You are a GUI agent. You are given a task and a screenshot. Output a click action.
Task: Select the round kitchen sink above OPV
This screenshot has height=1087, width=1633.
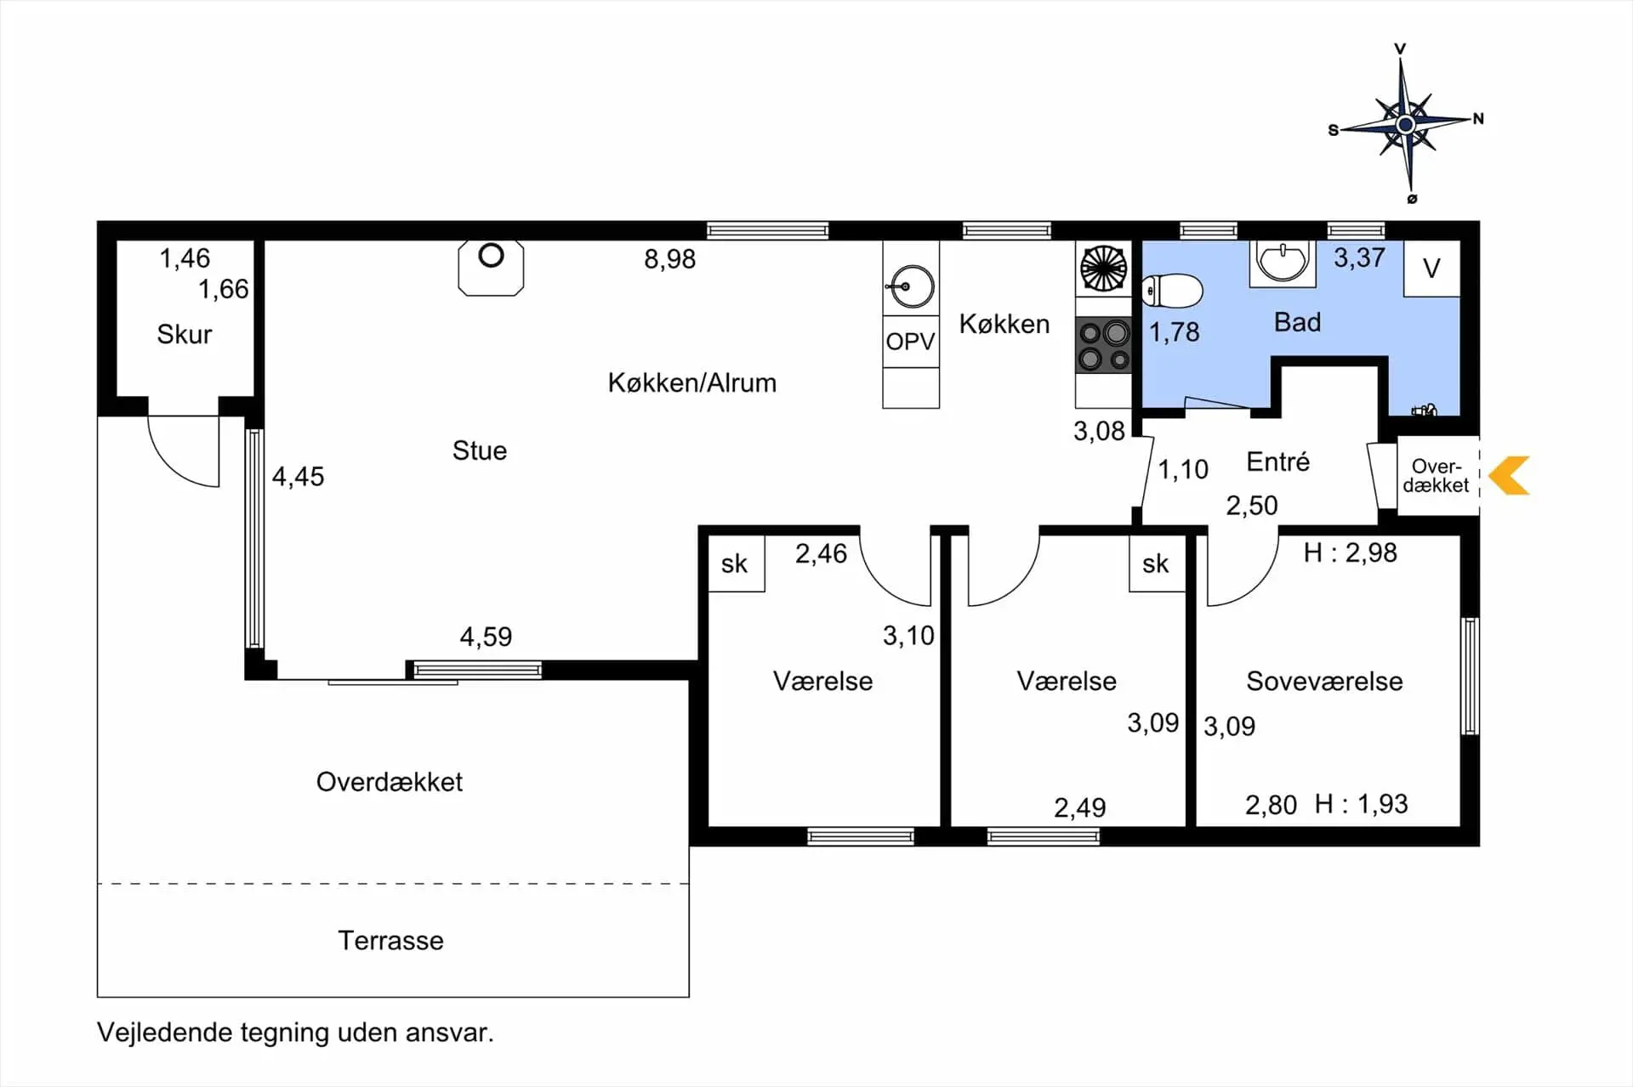click(x=911, y=287)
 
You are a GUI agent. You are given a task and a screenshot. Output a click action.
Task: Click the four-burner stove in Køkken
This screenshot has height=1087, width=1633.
click(x=1103, y=345)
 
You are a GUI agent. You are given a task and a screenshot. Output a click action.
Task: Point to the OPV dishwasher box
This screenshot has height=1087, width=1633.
click(x=911, y=342)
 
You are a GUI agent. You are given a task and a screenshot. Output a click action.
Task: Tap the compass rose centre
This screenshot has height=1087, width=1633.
click(x=1405, y=125)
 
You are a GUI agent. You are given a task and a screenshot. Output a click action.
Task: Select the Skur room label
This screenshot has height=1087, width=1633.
click(x=184, y=334)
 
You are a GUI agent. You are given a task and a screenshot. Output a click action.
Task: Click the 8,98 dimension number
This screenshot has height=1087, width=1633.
click(x=669, y=258)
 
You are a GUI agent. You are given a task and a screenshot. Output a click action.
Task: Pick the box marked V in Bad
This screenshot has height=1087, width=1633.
click(x=1431, y=269)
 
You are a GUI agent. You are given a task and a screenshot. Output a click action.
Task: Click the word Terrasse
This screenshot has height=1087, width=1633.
click(x=390, y=940)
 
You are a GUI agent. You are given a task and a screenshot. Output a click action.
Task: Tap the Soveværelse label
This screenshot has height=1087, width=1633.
click(x=1324, y=681)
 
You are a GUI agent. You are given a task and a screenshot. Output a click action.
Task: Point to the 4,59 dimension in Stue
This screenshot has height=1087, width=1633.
click(x=486, y=637)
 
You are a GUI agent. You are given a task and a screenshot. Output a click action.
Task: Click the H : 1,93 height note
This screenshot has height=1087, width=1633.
click(x=1361, y=804)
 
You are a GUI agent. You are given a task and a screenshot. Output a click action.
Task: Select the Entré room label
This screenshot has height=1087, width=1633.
click(x=1277, y=461)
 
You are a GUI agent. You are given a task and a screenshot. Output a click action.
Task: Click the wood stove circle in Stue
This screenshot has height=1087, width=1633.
click(x=491, y=255)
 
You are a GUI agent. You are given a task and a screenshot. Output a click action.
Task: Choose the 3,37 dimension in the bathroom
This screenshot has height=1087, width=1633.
click(x=1359, y=258)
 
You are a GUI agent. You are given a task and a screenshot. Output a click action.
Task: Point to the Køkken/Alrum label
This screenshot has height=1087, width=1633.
click(x=691, y=382)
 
